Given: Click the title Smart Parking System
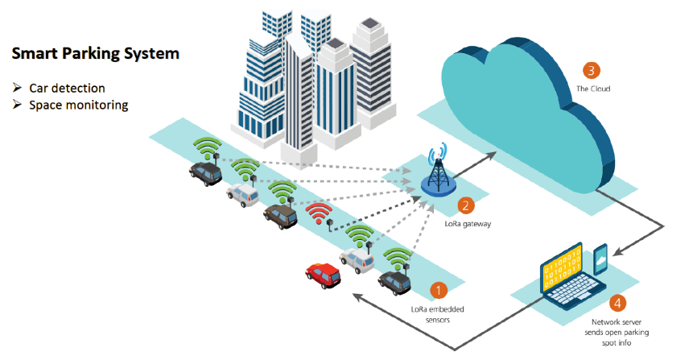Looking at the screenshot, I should tap(94, 55).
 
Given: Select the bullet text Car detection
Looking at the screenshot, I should tap(67, 88).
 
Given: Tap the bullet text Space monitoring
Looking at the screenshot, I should tap(78, 105).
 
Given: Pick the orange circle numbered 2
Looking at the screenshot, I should tap(464, 206).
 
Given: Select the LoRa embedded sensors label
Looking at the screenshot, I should tap(437, 314).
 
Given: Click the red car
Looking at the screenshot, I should tap(323, 274).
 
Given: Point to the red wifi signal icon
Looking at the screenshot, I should tap(319, 213).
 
